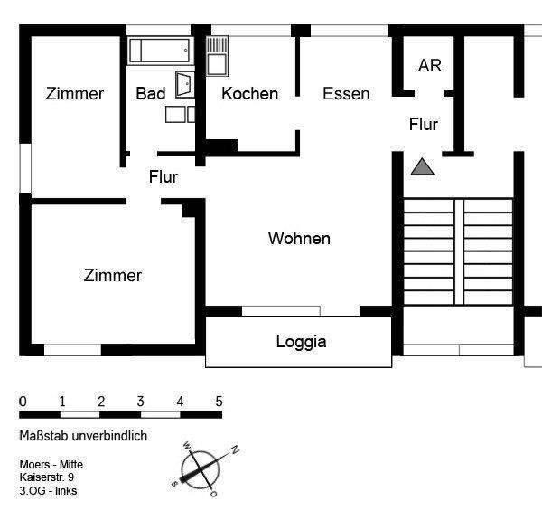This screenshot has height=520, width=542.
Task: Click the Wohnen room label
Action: (299, 239)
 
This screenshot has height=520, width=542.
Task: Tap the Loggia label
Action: (301, 342)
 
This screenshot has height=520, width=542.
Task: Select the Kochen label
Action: (249, 94)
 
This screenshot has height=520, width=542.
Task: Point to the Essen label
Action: (346, 94)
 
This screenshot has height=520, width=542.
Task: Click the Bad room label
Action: (151, 94)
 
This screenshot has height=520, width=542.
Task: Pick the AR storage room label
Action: (429, 66)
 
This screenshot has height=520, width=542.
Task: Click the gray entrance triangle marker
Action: (422, 166)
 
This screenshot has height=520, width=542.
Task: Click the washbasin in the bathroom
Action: (184, 84)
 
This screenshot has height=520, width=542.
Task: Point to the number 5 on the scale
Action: (219, 402)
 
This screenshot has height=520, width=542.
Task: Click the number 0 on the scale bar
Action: (23, 402)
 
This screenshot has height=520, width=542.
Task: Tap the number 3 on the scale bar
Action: (141, 402)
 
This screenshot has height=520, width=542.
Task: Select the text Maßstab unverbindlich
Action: (83, 436)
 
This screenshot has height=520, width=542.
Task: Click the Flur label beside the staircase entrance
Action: (424, 124)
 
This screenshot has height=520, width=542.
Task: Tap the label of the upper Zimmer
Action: (75, 94)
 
